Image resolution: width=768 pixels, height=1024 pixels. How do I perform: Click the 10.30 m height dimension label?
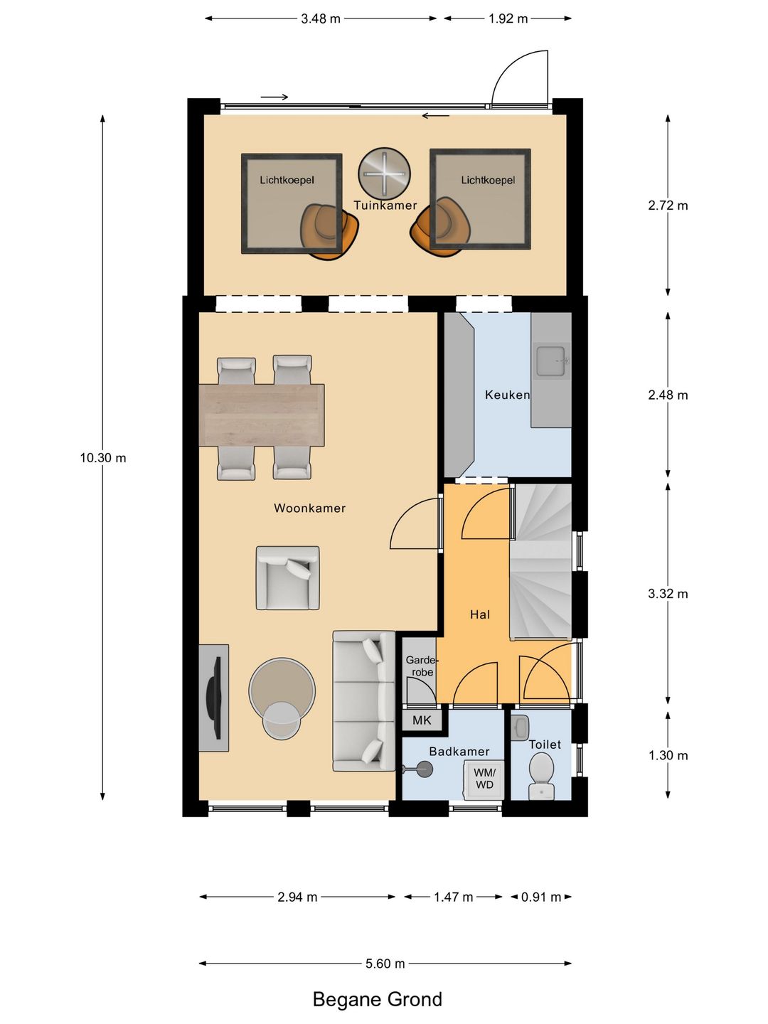[x=103, y=458]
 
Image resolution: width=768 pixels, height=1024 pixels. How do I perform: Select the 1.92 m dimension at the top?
[x=508, y=18]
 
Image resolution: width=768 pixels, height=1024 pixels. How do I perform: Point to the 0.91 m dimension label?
[x=541, y=897]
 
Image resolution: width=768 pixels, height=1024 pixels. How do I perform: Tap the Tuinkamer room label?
[x=385, y=206]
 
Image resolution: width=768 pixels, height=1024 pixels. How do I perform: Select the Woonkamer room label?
[x=309, y=508]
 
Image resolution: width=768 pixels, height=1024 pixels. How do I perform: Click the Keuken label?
[x=507, y=395]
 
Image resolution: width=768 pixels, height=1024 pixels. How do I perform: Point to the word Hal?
[x=480, y=614]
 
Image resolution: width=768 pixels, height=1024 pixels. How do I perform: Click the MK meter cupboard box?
[x=422, y=720]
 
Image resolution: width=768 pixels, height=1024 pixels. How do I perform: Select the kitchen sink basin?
[x=552, y=361]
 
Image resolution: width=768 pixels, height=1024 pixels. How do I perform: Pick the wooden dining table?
[x=262, y=415]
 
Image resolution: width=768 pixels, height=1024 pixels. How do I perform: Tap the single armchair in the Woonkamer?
[x=288, y=578]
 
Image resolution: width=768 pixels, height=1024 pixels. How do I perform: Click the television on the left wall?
[x=215, y=698]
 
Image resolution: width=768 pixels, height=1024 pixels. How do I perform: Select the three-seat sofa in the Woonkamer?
[x=363, y=700]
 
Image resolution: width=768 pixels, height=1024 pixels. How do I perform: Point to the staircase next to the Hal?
[x=541, y=561]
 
